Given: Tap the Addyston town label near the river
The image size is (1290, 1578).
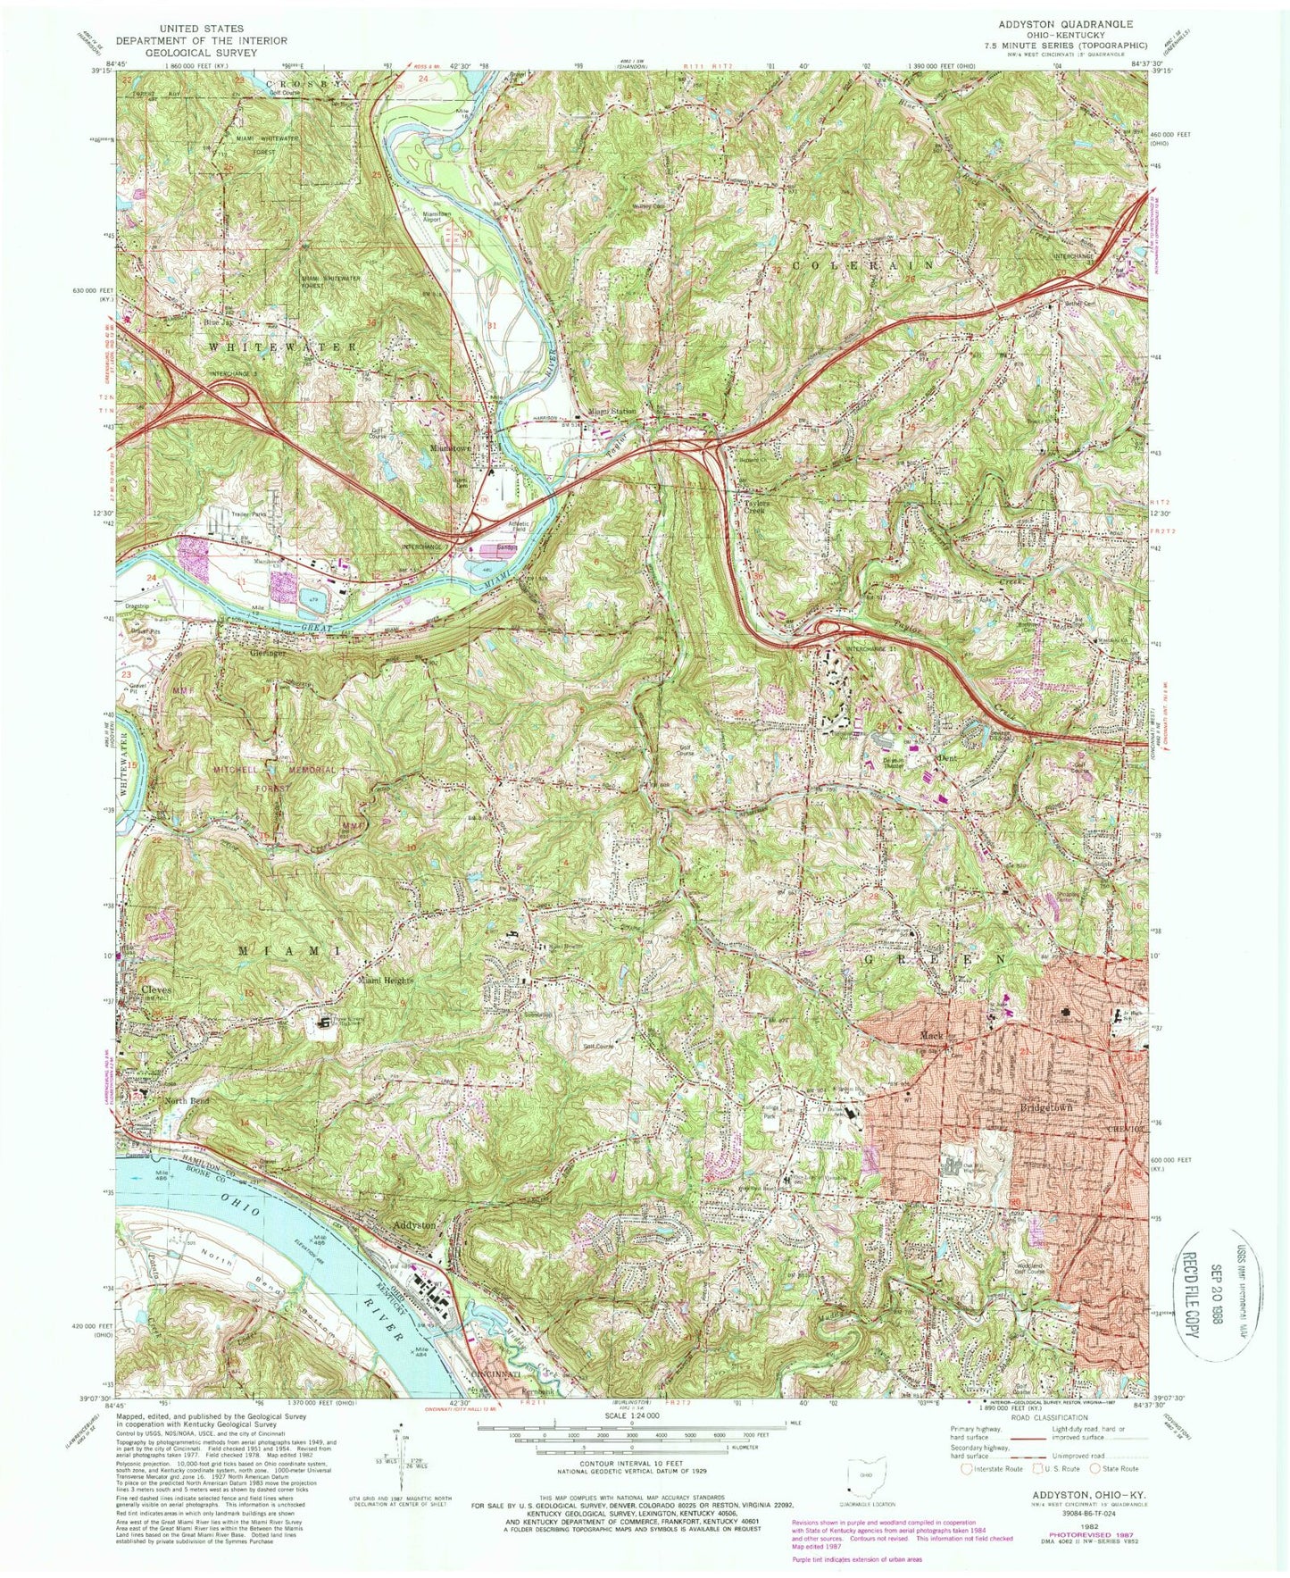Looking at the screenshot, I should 414,1226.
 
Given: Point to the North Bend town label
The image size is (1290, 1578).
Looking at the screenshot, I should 186,1101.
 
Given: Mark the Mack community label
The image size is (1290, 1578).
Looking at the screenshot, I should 931,1037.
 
